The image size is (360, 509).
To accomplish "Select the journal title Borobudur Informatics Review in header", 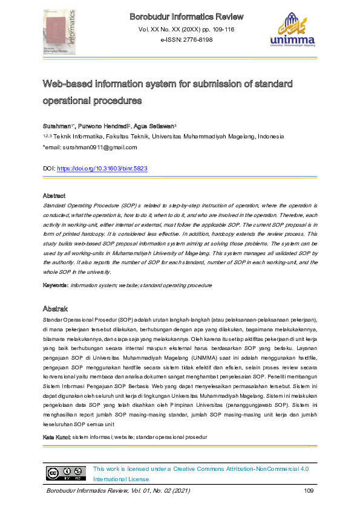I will pos(186,16).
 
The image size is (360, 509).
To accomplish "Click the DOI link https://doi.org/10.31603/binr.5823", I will pos(102,169).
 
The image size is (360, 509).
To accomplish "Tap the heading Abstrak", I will pos(54,310).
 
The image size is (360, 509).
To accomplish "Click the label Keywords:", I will pos(55,284).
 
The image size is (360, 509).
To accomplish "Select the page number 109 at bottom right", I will pos(308,490).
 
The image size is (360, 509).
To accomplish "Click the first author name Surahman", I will pos(56,126).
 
